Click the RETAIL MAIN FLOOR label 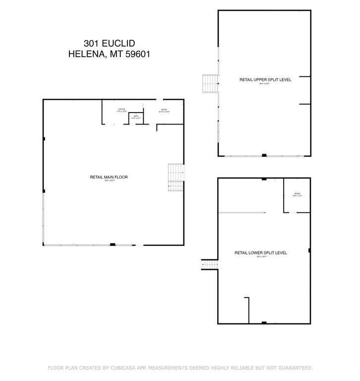pos(109,177)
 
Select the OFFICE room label pos(121,109)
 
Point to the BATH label pos(136,116)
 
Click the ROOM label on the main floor pos(164,109)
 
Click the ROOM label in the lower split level pos(297,193)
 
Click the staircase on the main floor pos(176,177)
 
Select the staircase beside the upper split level pos(210,83)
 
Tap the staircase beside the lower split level pos(209,265)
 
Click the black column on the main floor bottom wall pos(113,244)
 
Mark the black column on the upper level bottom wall pos(264,156)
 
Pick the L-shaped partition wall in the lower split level pos(247,308)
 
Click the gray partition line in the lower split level pos(242,213)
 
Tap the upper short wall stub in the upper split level pos(304,77)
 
